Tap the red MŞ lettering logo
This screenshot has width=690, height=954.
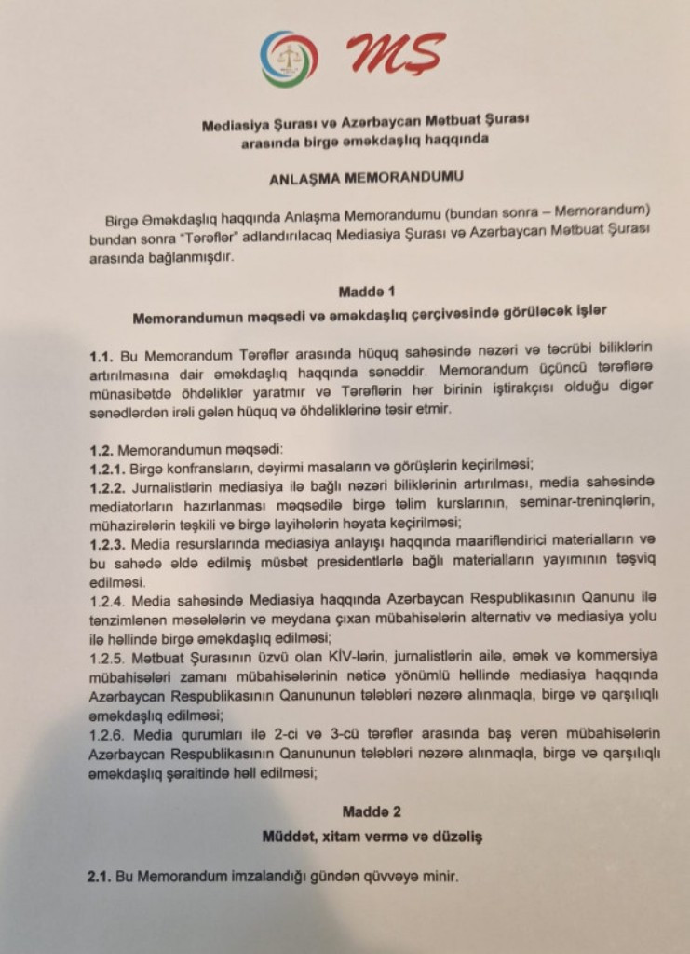tap(395, 54)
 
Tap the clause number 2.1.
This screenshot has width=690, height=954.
tap(99, 877)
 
